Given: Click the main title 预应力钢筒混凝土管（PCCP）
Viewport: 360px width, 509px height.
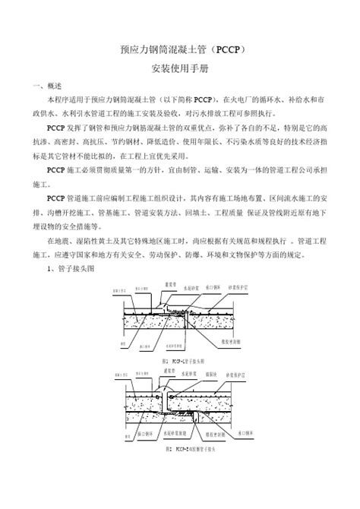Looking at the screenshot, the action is (x=180, y=50).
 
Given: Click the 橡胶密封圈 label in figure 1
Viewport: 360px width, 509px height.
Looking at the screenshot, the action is (x=226, y=343).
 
